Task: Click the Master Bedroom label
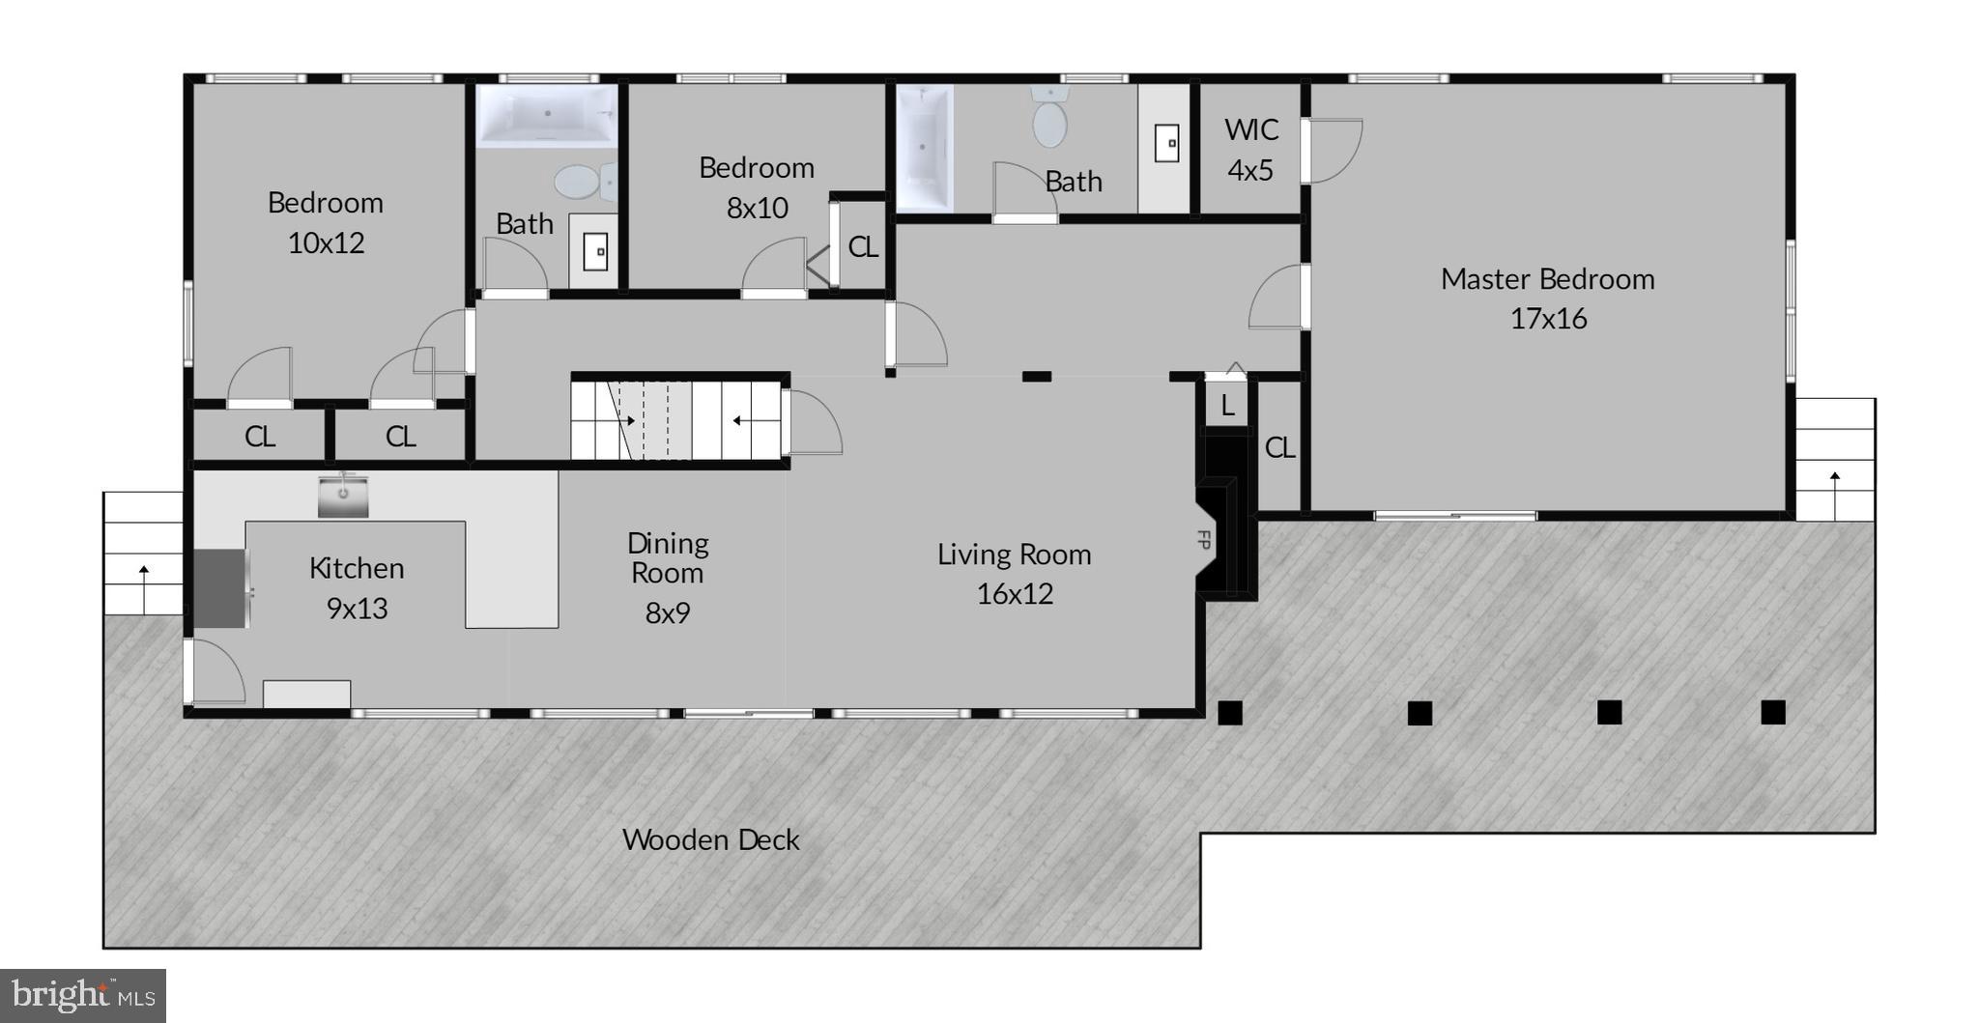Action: (x=1547, y=298)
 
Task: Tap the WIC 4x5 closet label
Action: (x=1250, y=150)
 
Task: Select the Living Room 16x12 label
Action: (x=1014, y=573)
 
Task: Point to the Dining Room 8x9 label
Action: (x=667, y=577)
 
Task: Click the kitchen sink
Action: (x=343, y=496)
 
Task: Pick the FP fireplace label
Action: (x=1204, y=540)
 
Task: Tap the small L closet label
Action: (x=1227, y=406)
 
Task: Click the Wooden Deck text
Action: (x=710, y=839)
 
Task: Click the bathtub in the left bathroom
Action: (x=547, y=116)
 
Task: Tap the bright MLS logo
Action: (x=83, y=995)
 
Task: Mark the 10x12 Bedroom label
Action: (x=326, y=222)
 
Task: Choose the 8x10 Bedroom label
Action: (x=757, y=187)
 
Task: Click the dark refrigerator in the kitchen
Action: (x=220, y=588)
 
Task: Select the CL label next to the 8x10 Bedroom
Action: (x=862, y=247)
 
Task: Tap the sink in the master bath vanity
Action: (x=1167, y=144)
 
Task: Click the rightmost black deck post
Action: (x=1772, y=712)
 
